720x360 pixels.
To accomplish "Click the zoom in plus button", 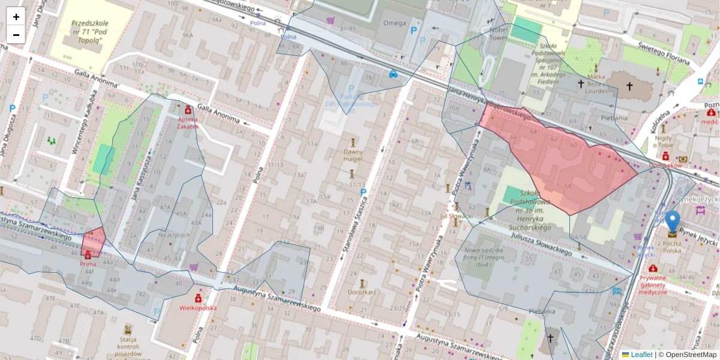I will (16, 17).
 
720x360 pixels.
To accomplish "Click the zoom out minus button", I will (16, 35).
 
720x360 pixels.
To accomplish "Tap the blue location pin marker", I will (673, 222).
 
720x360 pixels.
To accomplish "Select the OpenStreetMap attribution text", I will (688, 355).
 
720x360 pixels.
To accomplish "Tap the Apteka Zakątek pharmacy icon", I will (188, 110).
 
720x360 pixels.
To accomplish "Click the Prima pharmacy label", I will (88, 263).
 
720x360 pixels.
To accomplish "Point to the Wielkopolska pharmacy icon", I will (197, 298).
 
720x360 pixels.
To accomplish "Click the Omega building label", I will (394, 23).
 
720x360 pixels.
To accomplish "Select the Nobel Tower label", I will (497, 32).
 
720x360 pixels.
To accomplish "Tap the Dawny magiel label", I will (353, 156).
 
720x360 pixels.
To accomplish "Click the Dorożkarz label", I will (362, 293).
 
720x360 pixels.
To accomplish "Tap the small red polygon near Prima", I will (93, 242).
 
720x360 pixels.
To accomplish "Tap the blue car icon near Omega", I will (393, 74).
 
